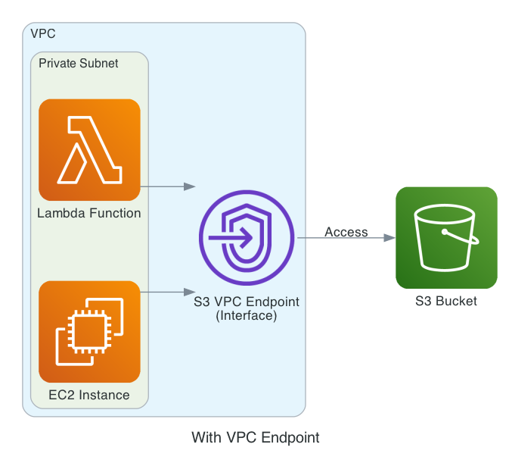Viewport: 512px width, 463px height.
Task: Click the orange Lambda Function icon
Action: pos(89,150)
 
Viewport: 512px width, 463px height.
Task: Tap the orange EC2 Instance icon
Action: pos(89,332)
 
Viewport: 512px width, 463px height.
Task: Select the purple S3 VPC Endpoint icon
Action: pos(247,238)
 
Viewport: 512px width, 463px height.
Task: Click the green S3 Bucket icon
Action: pos(446,238)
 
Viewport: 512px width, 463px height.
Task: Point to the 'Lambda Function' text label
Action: pos(89,214)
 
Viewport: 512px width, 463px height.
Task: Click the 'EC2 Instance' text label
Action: pos(89,396)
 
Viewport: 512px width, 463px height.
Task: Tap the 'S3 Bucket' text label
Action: pos(446,302)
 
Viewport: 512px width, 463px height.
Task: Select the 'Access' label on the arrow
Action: pos(346,232)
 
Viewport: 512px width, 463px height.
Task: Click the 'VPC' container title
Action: pos(42,34)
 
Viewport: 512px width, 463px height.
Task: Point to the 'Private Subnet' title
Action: pos(78,63)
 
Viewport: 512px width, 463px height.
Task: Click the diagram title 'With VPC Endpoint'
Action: pos(256,438)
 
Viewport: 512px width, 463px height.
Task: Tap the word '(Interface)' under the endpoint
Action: pos(247,315)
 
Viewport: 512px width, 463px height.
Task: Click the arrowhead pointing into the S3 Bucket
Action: pos(389,238)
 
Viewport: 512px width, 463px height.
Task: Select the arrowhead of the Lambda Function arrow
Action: pos(190,186)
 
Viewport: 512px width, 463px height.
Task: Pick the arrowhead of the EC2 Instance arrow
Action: pos(190,291)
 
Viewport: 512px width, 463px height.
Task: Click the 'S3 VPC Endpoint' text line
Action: pos(247,302)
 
